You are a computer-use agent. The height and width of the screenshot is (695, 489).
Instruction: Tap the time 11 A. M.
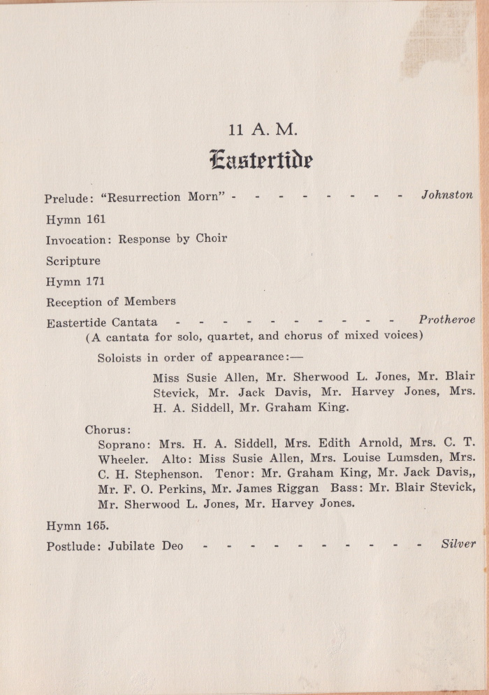click(x=263, y=130)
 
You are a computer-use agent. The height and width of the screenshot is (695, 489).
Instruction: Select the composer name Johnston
click(x=447, y=195)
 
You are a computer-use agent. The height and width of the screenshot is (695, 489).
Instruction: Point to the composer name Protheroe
click(x=447, y=320)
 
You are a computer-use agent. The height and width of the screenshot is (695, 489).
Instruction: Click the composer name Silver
click(x=458, y=543)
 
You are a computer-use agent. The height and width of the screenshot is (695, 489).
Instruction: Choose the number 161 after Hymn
click(x=96, y=219)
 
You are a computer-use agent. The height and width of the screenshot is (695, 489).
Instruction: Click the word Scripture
click(x=73, y=261)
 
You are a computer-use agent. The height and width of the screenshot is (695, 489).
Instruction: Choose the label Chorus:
click(x=108, y=429)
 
